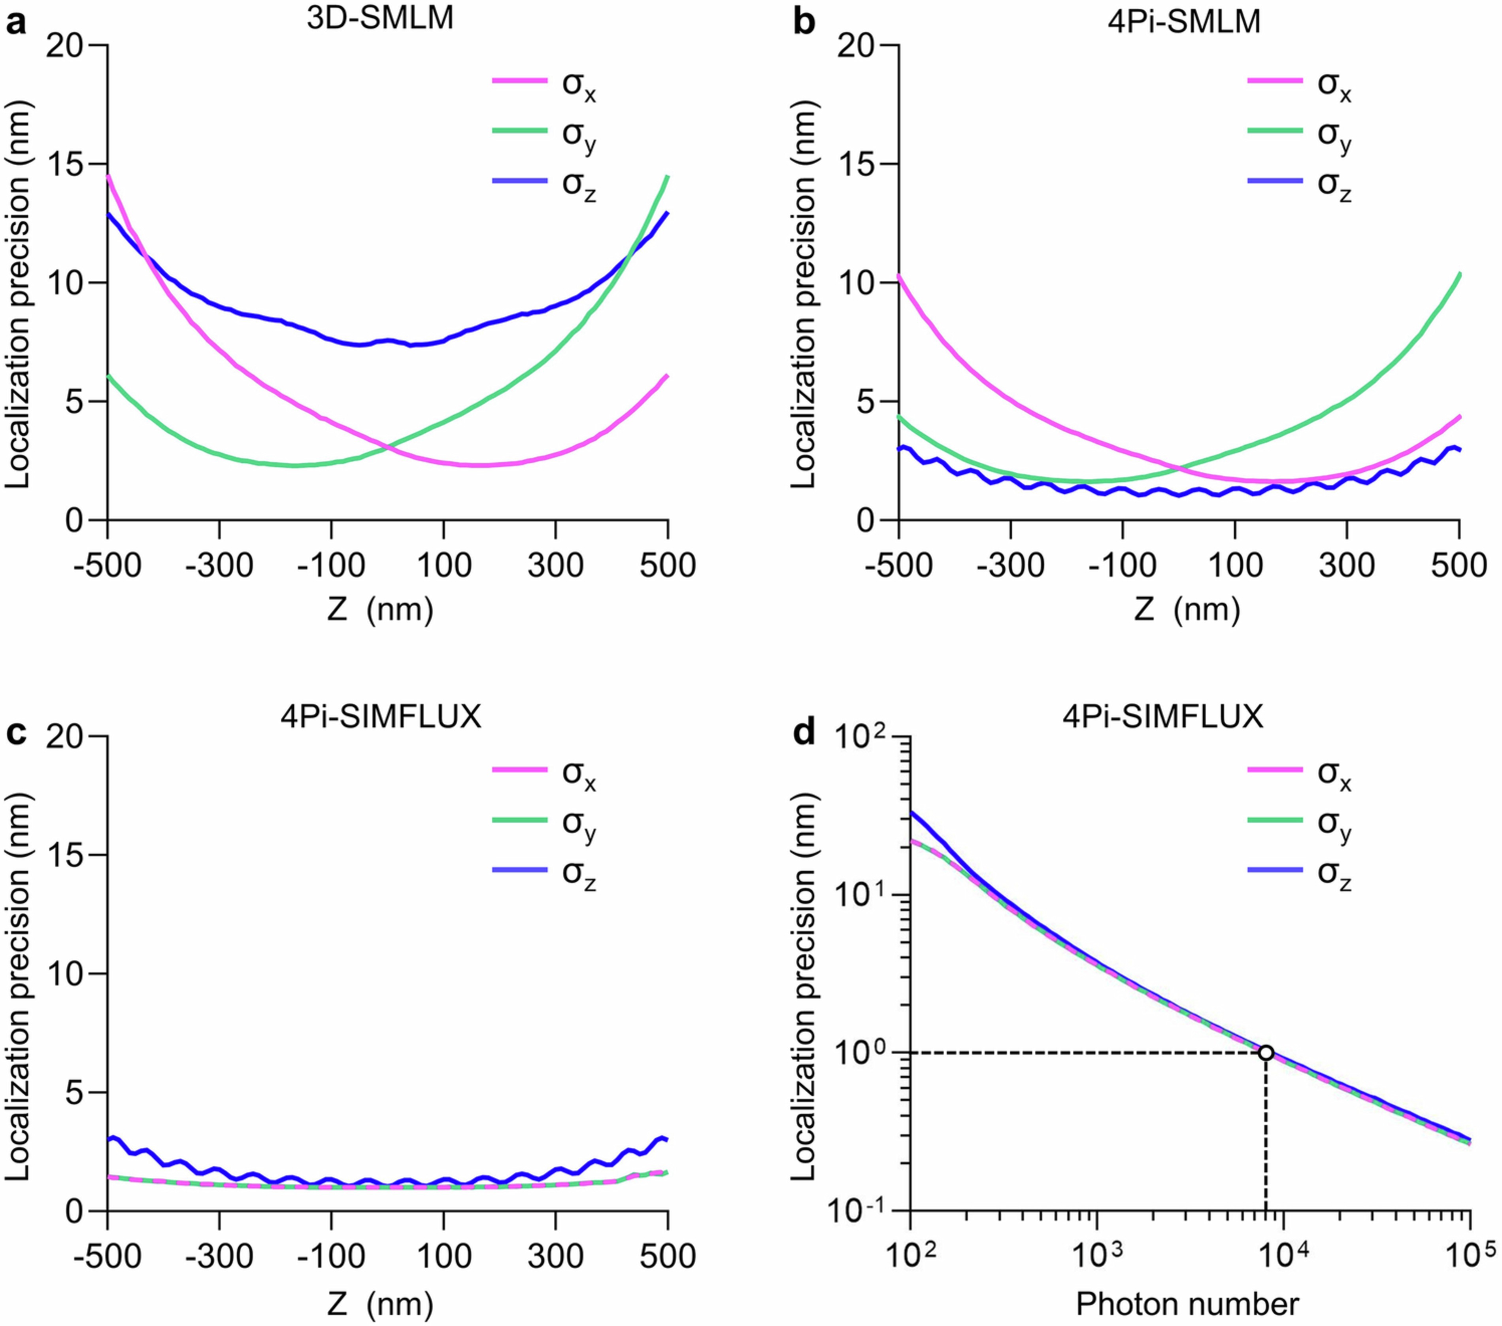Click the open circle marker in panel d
click(x=1265, y=1053)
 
